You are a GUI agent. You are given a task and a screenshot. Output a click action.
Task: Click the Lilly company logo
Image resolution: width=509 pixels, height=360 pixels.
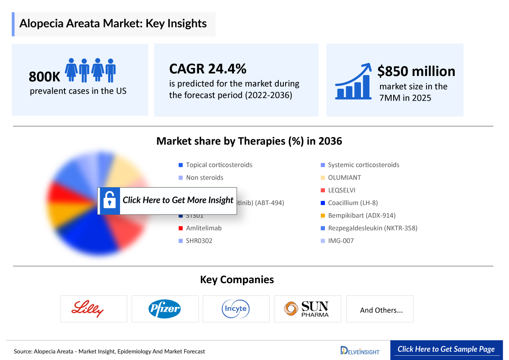[93, 309]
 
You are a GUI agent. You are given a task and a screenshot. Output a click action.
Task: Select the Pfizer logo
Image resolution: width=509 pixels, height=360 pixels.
[165, 309]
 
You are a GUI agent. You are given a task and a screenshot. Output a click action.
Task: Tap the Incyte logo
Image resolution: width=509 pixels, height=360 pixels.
[236, 309]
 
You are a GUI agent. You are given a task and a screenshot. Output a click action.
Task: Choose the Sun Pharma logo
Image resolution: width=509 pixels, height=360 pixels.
[307, 309]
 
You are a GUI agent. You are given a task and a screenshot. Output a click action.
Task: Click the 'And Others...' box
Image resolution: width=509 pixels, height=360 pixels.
[381, 310]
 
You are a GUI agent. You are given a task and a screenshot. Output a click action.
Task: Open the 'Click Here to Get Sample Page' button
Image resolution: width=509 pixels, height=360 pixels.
[446, 349]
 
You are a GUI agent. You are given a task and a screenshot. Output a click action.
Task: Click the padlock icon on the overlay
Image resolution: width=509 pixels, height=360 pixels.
[109, 200]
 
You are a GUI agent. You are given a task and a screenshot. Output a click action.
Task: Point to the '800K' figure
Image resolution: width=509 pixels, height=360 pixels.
[45, 77]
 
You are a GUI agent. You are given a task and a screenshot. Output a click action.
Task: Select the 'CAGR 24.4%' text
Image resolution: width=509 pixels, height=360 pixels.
[208, 68]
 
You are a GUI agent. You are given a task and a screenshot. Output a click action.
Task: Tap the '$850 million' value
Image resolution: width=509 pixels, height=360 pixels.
[416, 71]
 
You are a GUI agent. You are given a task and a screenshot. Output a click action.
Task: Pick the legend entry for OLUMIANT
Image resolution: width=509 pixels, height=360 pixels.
[344, 177]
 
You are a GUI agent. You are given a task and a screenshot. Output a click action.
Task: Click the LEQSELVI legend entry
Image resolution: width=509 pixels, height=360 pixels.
[341, 190]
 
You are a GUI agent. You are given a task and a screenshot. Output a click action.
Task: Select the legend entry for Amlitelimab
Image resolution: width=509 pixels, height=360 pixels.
[203, 228]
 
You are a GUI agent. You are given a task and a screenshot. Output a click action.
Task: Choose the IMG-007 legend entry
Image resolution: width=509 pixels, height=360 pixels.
[340, 241]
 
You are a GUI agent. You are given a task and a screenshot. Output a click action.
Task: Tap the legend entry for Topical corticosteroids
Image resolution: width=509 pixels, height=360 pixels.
[218, 165]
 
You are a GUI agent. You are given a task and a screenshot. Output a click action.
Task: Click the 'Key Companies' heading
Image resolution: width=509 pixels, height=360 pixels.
[237, 280]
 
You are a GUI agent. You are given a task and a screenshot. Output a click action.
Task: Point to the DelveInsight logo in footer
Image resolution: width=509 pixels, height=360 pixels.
[360, 350]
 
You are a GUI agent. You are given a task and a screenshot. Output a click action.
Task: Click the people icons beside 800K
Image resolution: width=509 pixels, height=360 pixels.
[90, 70]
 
